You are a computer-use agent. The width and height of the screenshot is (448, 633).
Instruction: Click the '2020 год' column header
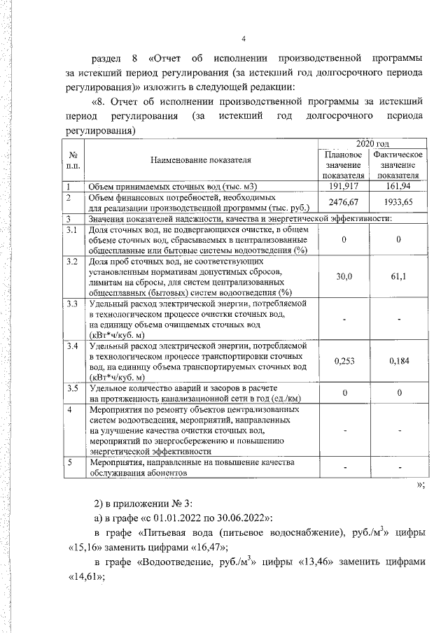pos(372,142)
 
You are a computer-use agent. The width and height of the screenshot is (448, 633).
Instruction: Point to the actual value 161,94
pos(398,187)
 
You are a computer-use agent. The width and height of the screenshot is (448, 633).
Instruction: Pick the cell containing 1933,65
pos(398,202)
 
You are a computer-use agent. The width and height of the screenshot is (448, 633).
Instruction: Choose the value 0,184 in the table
pos(398,361)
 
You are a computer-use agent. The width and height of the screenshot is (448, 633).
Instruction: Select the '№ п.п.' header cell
pos(72,160)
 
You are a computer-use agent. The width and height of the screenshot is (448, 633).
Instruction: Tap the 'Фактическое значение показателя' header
pos(398,164)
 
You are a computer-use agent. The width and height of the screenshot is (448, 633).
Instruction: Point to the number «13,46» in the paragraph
pos(309,563)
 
